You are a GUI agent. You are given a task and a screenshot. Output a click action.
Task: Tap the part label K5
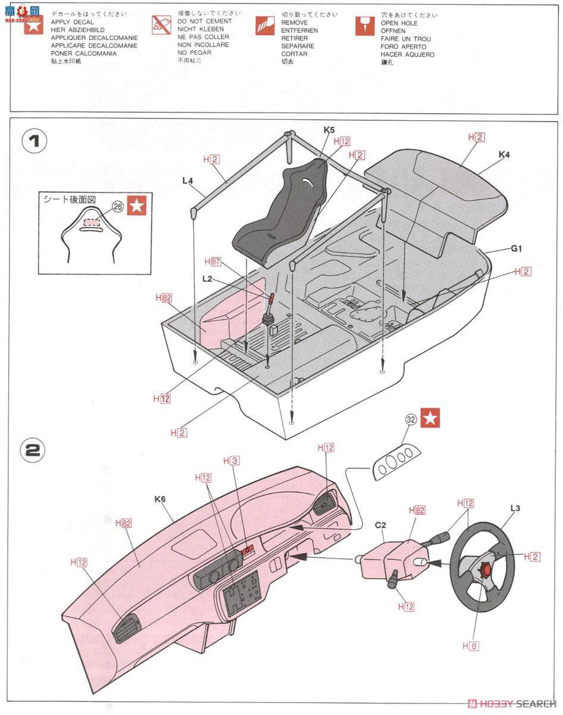coord(329,129)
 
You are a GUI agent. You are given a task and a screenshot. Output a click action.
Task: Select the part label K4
coord(505,155)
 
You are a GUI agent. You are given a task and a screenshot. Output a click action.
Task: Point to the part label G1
coord(515,248)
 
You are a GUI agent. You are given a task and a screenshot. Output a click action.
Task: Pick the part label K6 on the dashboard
coord(159,499)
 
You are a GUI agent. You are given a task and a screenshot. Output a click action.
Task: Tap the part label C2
coord(380,526)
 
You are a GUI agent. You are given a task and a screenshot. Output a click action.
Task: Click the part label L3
coord(515,508)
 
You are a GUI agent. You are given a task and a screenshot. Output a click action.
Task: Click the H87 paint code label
coord(212,261)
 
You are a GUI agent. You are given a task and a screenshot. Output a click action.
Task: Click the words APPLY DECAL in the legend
coord(72,22)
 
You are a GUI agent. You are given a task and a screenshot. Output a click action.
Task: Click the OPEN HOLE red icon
coord(365,26)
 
